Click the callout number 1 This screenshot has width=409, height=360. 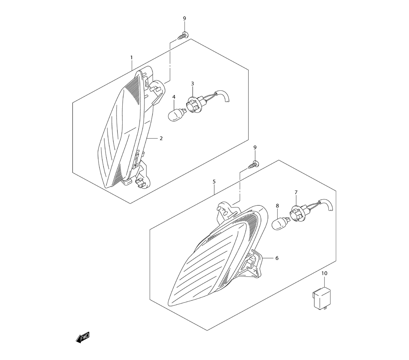pyautogui.click(x=132, y=57)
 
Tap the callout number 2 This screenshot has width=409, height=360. pyautogui.click(x=161, y=138)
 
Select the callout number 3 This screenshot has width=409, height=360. pyautogui.click(x=193, y=84)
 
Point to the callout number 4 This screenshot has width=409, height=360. pyautogui.click(x=174, y=97)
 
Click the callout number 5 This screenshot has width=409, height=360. pyautogui.click(x=214, y=181)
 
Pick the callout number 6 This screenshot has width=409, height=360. pyautogui.click(x=277, y=258)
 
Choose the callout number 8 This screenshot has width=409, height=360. pyautogui.click(x=277, y=206)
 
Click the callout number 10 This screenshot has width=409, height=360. pyautogui.click(x=324, y=273)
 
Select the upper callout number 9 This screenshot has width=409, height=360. pyautogui.click(x=184, y=18)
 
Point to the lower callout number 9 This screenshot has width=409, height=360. pyautogui.click(x=255, y=148)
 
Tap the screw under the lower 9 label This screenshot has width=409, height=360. pyautogui.click(x=254, y=165)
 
